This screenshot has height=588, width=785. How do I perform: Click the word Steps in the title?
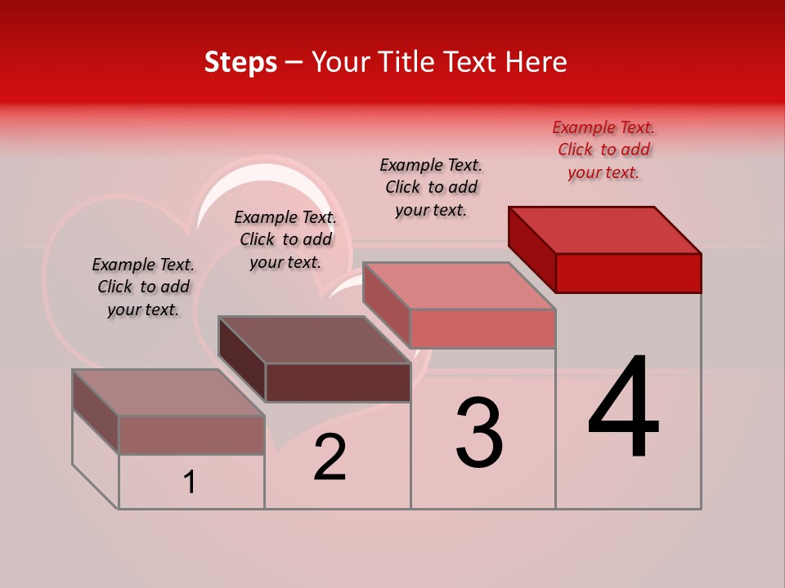(x=240, y=63)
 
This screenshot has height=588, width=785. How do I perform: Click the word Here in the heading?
(x=536, y=63)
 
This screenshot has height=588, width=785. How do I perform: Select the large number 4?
(x=623, y=408)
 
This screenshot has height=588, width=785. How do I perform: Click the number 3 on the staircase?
(x=479, y=433)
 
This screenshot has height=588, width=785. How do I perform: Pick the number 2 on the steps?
(x=330, y=457)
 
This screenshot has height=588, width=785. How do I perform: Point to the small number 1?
(x=189, y=483)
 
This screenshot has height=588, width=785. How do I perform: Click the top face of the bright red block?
(x=605, y=229)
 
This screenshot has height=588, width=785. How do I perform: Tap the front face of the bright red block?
(x=628, y=273)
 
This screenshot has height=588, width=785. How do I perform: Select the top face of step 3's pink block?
(x=460, y=286)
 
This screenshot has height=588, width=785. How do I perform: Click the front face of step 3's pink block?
(x=482, y=328)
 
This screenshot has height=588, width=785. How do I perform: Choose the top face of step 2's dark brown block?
(x=314, y=340)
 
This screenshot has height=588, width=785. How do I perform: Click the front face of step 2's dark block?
(x=338, y=382)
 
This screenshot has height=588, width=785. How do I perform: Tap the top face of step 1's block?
(x=168, y=392)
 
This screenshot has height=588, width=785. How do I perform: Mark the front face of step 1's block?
(x=191, y=434)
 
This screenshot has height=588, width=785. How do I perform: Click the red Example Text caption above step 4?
(x=603, y=149)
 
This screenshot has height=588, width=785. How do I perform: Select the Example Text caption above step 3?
(x=431, y=187)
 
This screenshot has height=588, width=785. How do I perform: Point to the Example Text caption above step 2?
(x=285, y=239)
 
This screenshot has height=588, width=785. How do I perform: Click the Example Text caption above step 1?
(x=143, y=287)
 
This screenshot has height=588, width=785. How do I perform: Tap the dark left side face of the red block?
(x=532, y=249)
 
